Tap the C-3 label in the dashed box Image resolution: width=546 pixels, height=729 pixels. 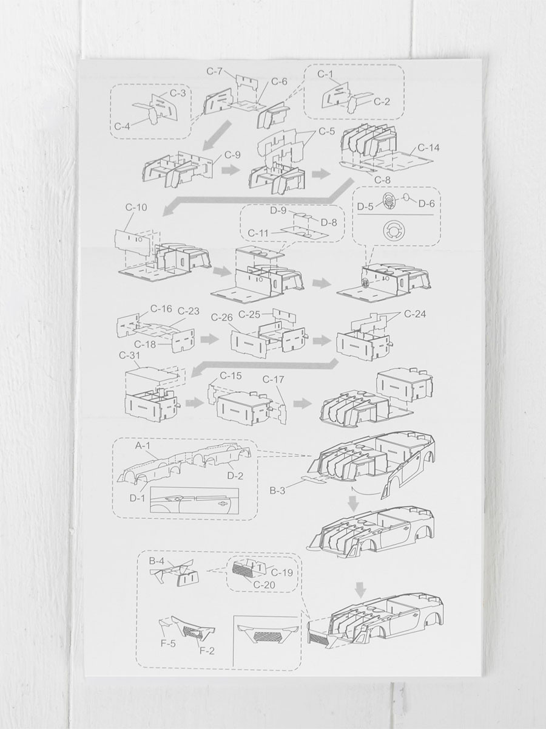178,93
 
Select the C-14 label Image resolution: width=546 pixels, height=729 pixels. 429,148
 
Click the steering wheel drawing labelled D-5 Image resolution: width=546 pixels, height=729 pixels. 388,200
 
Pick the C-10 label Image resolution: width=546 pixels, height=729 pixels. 136,207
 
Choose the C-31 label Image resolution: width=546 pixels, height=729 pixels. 130,355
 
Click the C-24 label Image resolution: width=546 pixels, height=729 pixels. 415,313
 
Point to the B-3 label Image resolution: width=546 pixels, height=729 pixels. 277,490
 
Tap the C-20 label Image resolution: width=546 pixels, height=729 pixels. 265,594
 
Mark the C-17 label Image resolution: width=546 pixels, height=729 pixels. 273,379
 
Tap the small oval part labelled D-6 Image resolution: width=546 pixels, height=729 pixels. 406,197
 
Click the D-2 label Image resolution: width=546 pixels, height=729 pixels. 235,476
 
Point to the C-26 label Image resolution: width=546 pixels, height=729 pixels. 222,318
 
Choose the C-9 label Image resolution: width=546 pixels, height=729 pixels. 232,155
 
